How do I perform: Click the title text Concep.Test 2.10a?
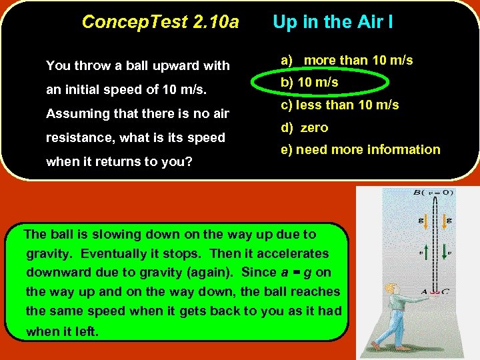pos(160,22)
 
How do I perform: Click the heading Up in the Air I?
pos(333,22)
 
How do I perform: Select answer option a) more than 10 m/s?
pos(347,61)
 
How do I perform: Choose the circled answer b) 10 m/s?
pos(309,83)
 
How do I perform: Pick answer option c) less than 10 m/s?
pos(339,105)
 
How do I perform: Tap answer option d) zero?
pos(305,127)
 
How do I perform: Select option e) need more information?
pos(360,149)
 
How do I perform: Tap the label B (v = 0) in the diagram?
pos(433,193)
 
